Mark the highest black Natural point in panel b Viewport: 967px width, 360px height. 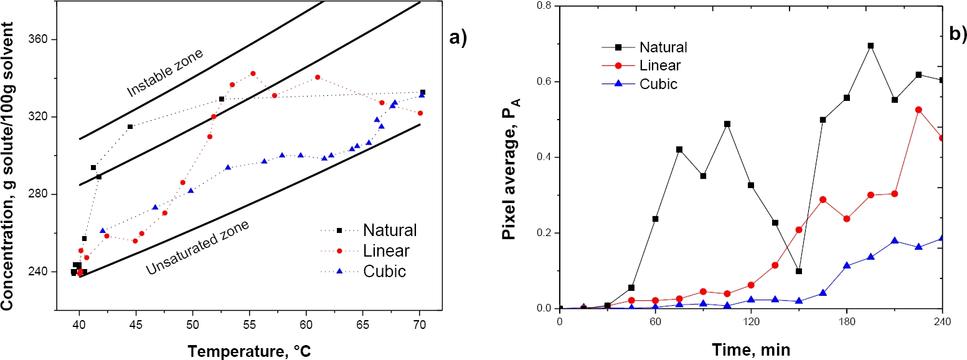click(870, 45)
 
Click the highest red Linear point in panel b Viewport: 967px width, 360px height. click(918, 110)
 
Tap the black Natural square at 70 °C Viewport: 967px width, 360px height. click(423, 92)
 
